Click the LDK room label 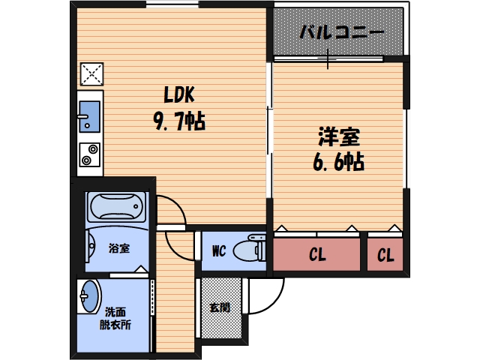coord(180,95)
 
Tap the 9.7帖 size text coord(180,120)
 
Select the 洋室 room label coord(338,138)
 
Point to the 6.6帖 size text coord(338,161)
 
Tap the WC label coord(219,250)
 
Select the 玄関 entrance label coord(220,307)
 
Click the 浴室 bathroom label coord(118,248)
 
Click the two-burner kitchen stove coord(89,154)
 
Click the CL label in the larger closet coord(317,255)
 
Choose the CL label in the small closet coord(385,255)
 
